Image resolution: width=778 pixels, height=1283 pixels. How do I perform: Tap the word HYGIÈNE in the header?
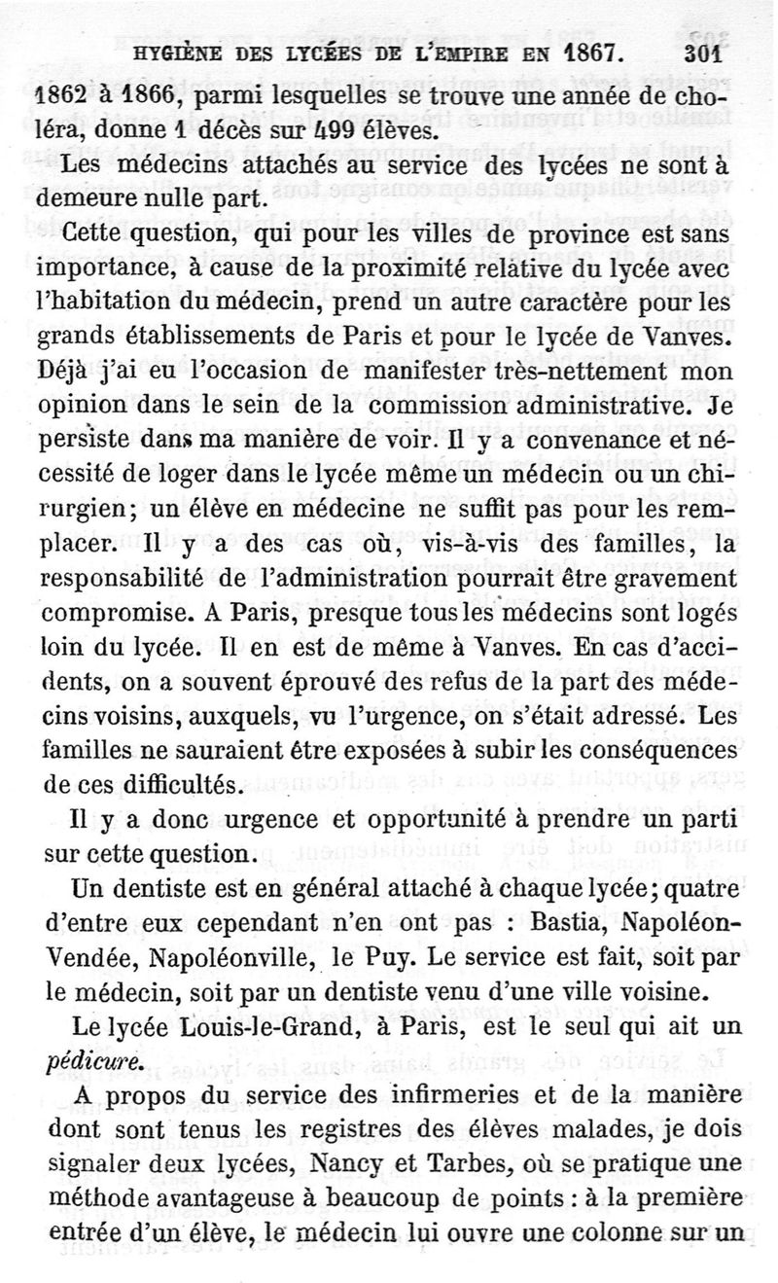pos(181,54)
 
